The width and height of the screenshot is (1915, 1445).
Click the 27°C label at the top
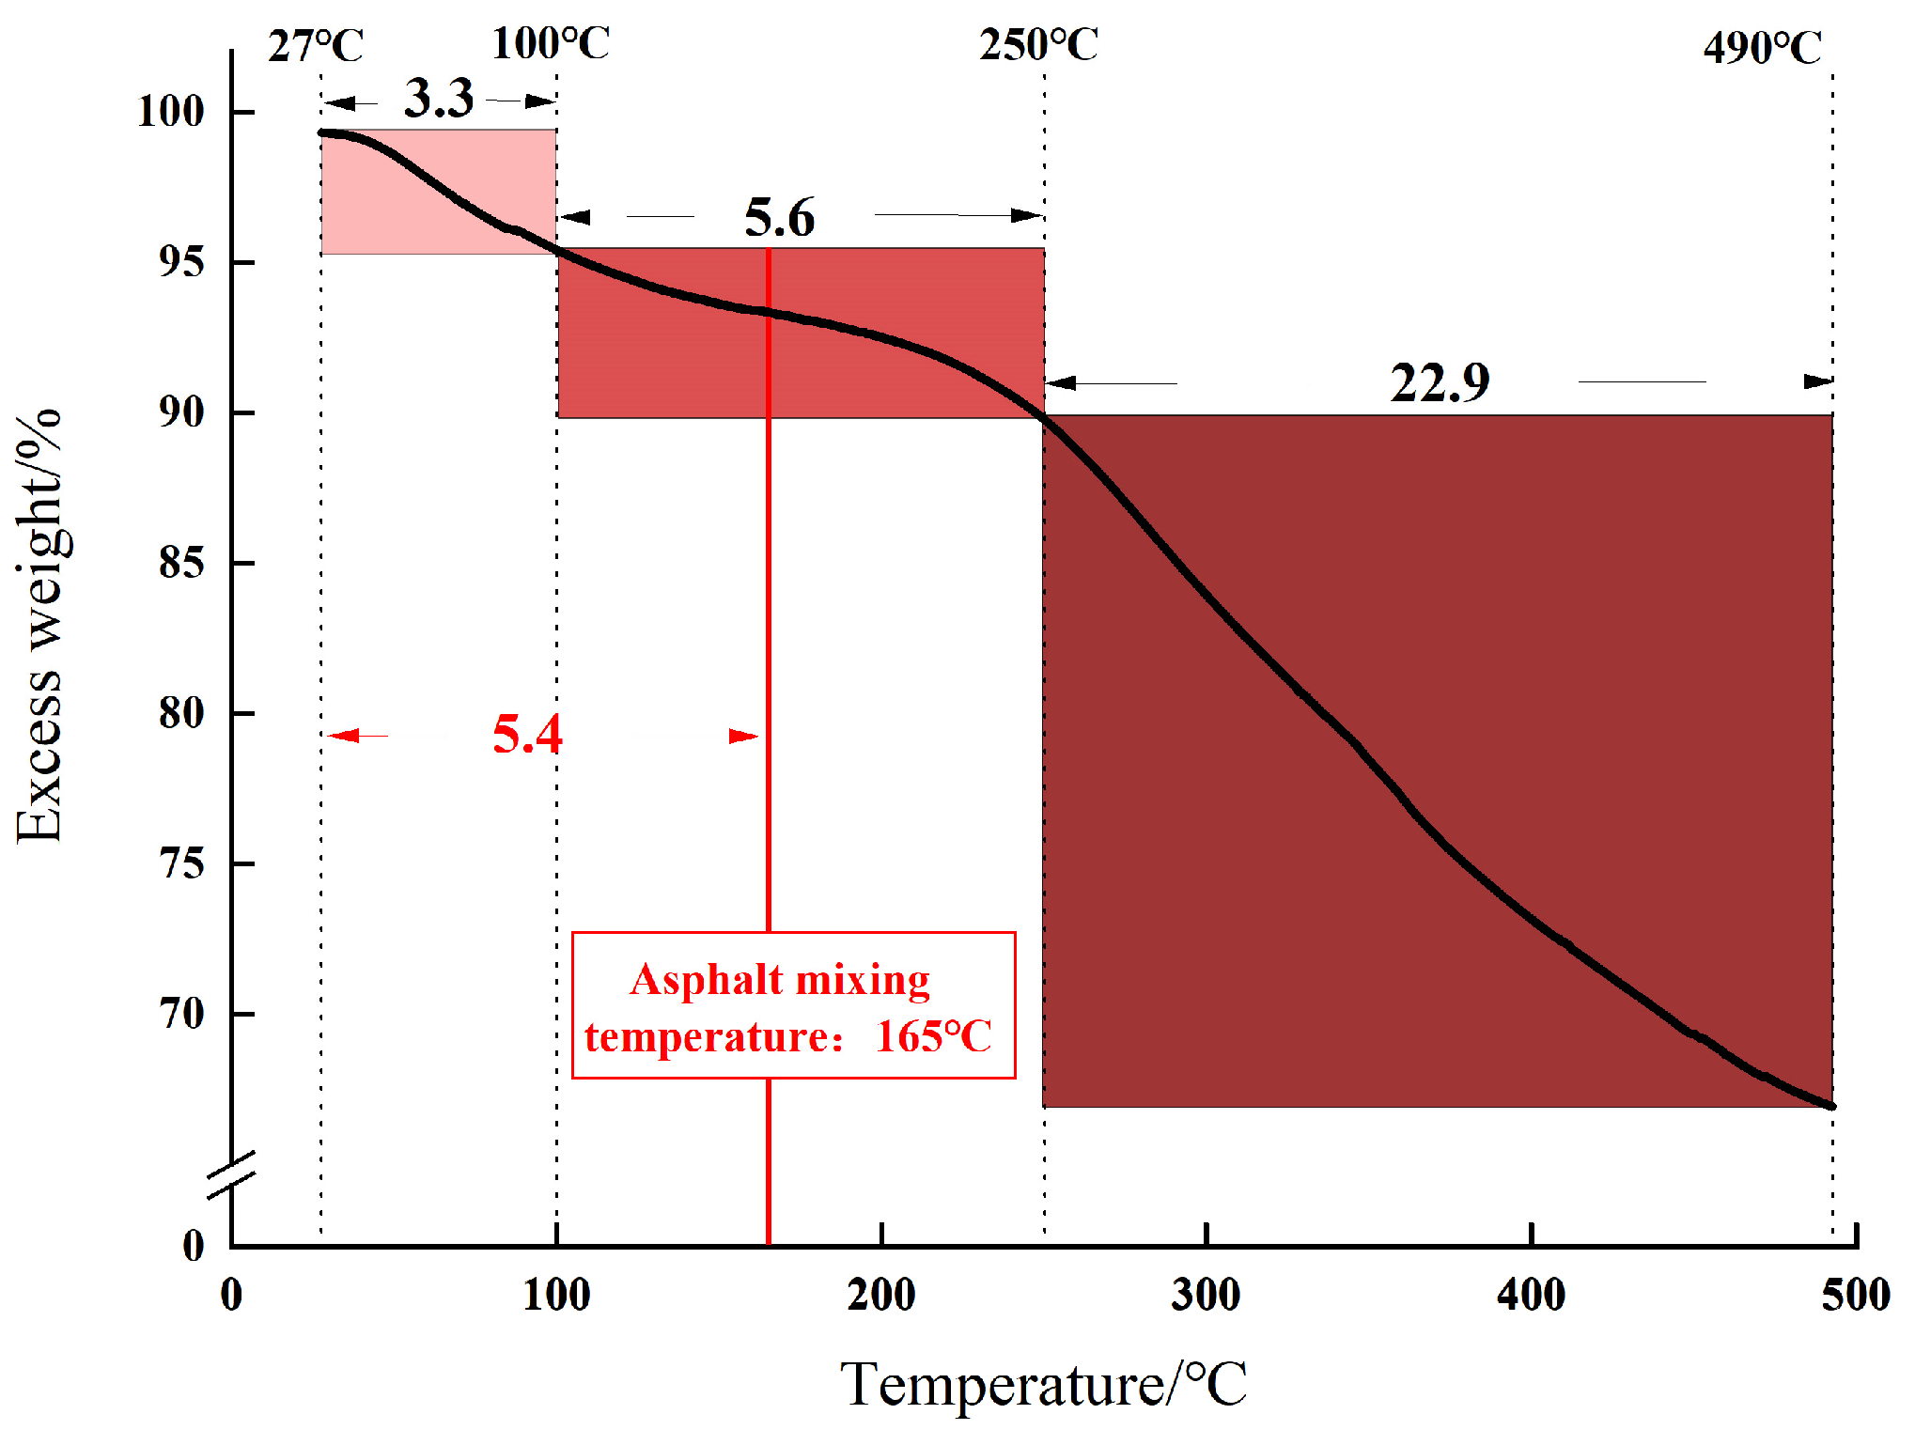[x=315, y=45]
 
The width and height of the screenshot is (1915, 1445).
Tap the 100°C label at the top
[x=551, y=43]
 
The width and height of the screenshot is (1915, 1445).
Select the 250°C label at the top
[x=1038, y=44]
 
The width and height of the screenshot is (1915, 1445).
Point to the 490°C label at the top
[x=1762, y=47]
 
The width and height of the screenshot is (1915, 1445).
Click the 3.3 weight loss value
[x=439, y=98]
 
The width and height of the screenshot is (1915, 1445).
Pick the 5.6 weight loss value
[x=779, y=218]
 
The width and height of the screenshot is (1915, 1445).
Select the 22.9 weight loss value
[x=1440, y=383]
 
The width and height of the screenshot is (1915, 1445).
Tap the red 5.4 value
[x=526, y=734]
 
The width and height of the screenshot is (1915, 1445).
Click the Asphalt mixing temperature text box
[x=793, y=1005]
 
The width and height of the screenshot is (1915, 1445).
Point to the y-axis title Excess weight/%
[x=39, y=627]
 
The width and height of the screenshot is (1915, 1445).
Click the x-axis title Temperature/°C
[x=1043, y=1383]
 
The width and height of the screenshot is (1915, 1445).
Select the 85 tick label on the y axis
[x=181, y=563]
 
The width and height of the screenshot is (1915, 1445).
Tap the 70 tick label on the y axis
[x=181, y=1014]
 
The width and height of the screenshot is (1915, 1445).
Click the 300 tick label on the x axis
[x=1206, y=1295]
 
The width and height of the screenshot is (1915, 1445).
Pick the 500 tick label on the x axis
[x=1855, y=1295]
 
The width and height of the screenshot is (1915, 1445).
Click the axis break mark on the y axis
[x=231, y=1174]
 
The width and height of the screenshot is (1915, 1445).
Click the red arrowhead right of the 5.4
[x=743, y=736]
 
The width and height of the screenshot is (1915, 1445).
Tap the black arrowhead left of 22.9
[x=1061, y=382]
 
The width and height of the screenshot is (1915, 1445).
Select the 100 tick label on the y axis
[x=170, y=112]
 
